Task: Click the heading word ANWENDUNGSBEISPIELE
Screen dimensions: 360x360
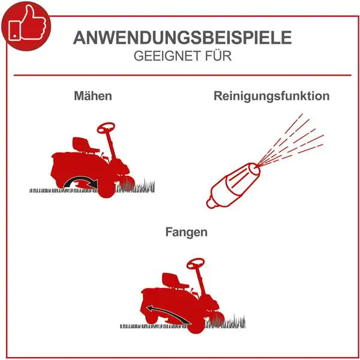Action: click(182, 38)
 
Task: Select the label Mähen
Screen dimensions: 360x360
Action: click(93, 96)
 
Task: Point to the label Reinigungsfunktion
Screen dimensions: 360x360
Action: click(272, 96)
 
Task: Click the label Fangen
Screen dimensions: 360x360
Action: click(187, 232)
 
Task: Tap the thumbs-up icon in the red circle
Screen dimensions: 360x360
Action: click(27, 25)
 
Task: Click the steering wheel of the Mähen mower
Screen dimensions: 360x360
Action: click(106, 128)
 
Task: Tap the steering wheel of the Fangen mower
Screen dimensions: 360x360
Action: click(196, 263)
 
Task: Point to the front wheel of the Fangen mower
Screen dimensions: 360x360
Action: click(196, 324)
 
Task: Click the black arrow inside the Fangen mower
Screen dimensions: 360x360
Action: click(169, 314)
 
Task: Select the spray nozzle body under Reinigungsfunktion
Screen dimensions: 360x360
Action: click(233, 185)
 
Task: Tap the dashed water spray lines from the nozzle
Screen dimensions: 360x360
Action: click(290, 140)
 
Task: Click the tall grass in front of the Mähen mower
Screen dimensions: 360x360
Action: click(136, 186)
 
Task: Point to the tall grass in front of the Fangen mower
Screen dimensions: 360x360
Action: click(226, 322)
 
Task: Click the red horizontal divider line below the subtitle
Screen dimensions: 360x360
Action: click(182, 75)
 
